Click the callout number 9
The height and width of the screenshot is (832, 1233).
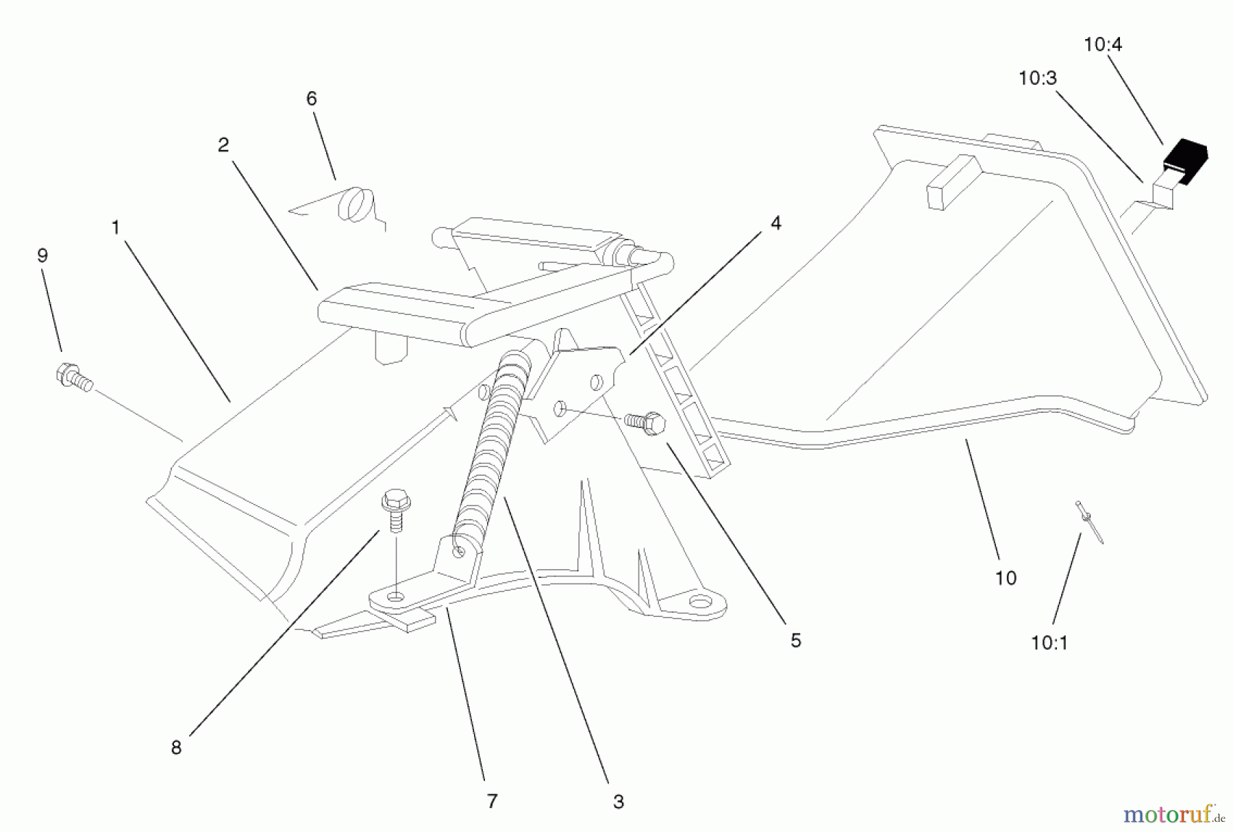coord(42,255)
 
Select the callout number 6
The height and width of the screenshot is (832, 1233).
coord(311,99)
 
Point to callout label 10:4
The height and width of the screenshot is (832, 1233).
coord(1103,45)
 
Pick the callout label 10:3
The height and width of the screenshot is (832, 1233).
coord(1037,78)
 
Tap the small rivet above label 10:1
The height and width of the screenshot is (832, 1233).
coord(1088,521)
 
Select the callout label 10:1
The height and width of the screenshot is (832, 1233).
coord(1049,642)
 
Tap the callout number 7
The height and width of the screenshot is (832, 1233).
coord(491,801)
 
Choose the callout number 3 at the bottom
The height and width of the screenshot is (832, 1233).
coord(618,801)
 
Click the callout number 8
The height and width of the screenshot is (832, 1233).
coord(176,747)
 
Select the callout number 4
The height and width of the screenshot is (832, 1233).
coord(775,223)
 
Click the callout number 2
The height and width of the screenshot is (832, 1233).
coord(223,145)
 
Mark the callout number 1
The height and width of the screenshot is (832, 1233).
coord(115,227)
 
